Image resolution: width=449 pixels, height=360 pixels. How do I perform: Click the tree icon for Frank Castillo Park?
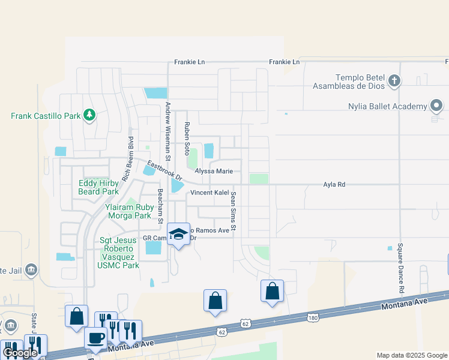(89, 114)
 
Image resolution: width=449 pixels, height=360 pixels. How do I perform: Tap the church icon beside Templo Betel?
(394, 80)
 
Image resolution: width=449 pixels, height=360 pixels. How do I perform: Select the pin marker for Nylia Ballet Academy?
(436, 107)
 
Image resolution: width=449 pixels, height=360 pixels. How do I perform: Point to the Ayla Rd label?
(334, 185)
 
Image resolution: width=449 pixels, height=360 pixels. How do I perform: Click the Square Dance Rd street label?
(400, 263)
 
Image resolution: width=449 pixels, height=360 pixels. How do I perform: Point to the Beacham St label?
(160, 206)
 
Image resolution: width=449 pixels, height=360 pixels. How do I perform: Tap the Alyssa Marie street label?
(213, 171)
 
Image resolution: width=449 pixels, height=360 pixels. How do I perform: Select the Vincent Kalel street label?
(210, 193)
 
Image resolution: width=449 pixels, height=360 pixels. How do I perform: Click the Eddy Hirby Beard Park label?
(98, 187)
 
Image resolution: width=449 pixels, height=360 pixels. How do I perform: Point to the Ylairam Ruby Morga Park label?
(128, 211)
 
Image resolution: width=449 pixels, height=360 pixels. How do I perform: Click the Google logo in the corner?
(19, 353)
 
